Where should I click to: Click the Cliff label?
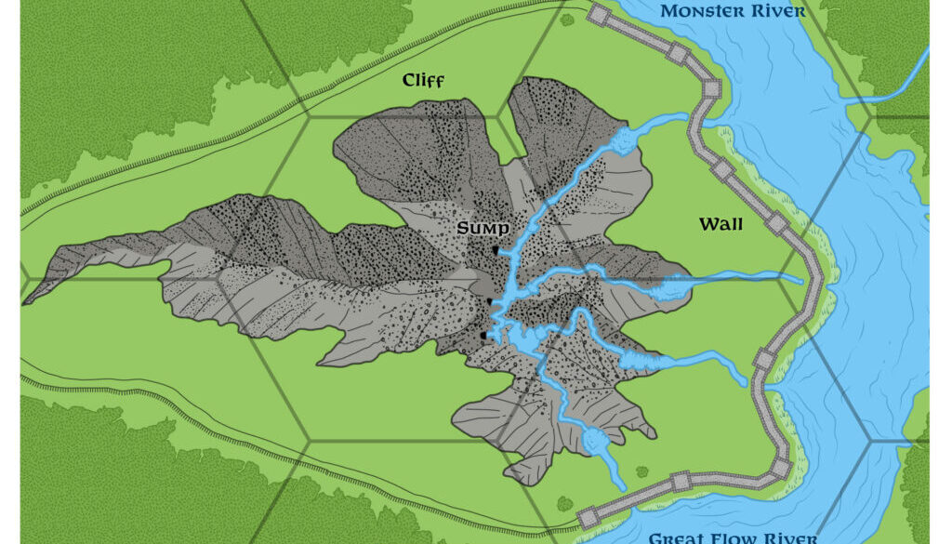click(x=423, y=81)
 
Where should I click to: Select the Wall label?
click(x=720, y=224)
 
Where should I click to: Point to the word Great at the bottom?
click(x=677, y=537)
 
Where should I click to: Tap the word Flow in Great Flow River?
click(x=737, y=537)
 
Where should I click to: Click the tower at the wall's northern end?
click(x=598, y=15)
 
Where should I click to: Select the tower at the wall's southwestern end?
click(x=587, y=516)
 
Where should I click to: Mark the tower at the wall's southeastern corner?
click(x=781, y=467)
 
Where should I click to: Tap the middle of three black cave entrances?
click(x=490, y=302)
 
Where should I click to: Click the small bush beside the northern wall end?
click(x=566, y=18)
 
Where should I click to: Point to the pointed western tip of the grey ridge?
click(x=26, y=301)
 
